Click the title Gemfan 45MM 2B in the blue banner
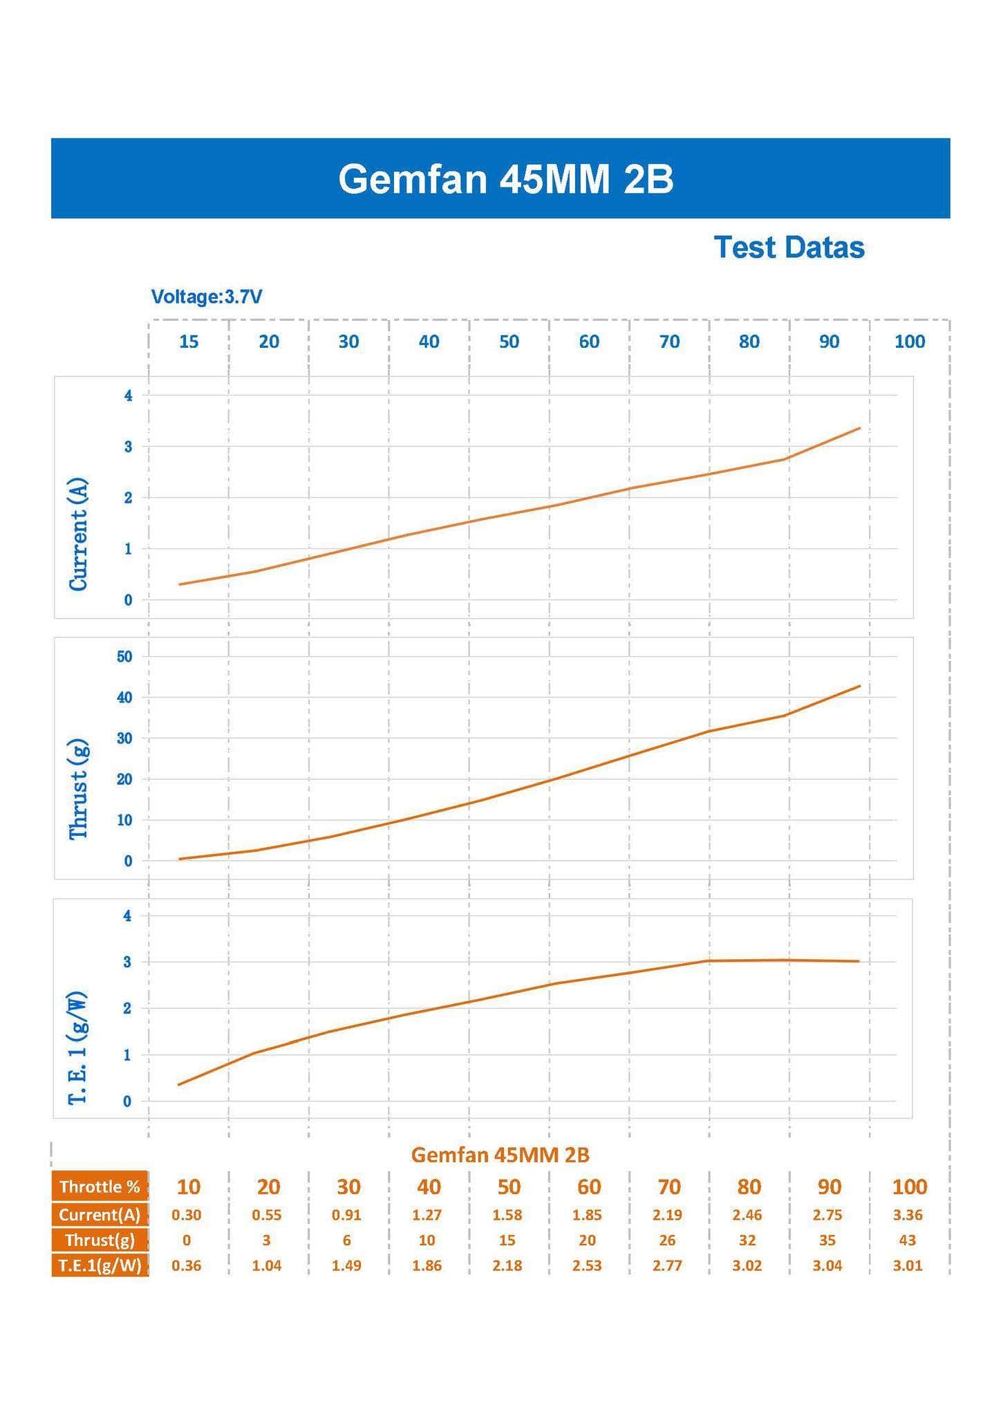click(x=505, y=179)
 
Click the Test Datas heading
click(x=789, y=248)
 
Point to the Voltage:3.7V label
click(x=207, y=297)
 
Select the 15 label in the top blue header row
click(x=189, y=342)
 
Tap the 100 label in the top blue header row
click(x=909, y=342)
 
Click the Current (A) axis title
click(x=78, y=534)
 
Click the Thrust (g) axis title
click(x=78, y=789)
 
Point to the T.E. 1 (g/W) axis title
click(x=78, y=1047)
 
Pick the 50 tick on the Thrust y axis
click(x=124, y=656)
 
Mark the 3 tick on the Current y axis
click(x=128, y=447)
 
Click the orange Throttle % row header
click(x=100, y=1186)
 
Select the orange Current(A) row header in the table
click(x=100, y=1215)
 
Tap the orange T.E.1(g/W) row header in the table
click(x=100, y=1265)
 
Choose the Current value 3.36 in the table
click(x=908, y=1215)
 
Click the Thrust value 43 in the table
click(x=908, y=1240)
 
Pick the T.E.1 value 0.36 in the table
click(x=186, y=1265)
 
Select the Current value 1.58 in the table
click(x=507, y=1215)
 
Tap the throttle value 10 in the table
click(x=188, y=1186)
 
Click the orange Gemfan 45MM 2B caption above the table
click(x=500, y=1155)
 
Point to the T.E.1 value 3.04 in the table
click(x=827, y=1265)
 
